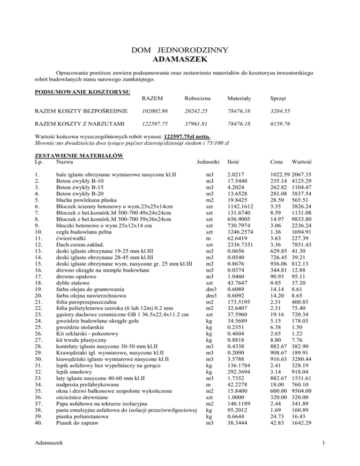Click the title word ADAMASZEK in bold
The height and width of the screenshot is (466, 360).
pyautogui.click(x=180, y=60)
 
